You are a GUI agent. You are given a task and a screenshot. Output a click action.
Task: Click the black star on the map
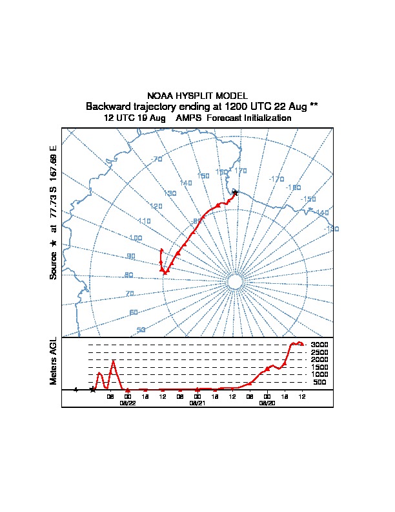235,193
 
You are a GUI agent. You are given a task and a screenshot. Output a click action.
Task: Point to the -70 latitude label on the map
156,160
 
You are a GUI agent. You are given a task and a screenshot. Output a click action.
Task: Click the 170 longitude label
241,171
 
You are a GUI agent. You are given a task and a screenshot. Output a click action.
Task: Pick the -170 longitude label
276,179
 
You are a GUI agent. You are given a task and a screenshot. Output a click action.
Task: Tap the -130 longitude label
331,229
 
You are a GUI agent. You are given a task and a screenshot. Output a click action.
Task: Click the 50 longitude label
141,330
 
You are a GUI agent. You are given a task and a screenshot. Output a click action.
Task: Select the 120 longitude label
156,206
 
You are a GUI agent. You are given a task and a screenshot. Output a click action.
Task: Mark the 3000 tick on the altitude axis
320,345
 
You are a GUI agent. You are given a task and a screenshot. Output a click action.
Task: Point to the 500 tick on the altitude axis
319,382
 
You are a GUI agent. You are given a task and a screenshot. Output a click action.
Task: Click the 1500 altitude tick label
320,367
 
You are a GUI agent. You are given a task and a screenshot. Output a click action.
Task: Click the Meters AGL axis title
54,361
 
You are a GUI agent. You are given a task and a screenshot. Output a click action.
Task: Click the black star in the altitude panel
93,389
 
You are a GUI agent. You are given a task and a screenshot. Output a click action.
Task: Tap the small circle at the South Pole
235,283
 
